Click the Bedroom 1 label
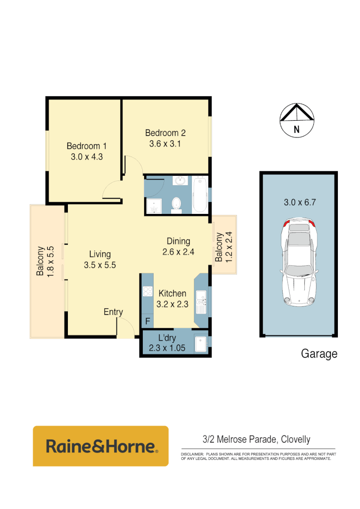point(86,146)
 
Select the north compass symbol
point(297,120)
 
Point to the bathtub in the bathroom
point(200,195)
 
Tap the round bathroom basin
point(180,181)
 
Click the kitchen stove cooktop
point(147,291)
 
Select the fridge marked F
point(147,322)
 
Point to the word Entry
point(114,312)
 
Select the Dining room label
point(178,241)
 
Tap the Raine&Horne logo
point(100,446)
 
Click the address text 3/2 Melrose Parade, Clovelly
point(256,440)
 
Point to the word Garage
point(319,353)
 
